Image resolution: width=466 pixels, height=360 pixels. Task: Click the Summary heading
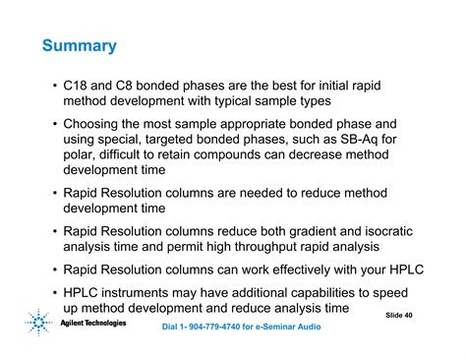80,46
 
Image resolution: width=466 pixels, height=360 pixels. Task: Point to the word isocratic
382,231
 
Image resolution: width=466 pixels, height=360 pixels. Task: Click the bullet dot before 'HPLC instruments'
53,292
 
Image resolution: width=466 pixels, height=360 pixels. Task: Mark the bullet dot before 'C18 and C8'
53,87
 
